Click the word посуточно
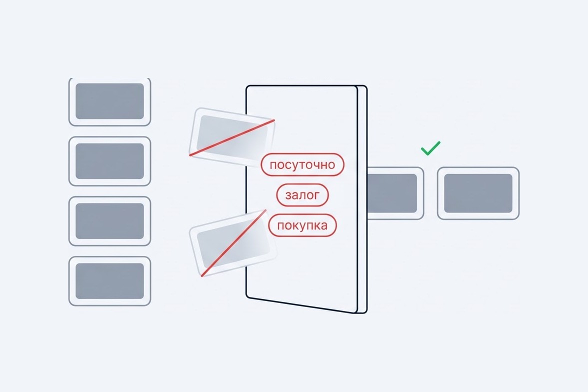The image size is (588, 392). (302, 165)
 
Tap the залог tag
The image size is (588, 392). (302, 195)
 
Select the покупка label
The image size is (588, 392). (302, 225)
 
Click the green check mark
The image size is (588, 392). (430, 148)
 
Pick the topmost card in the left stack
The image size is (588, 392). (110, 101)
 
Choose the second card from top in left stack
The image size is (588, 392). (110, 161)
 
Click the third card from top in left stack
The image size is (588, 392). (110, 221)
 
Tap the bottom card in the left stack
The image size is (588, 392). (110, 281)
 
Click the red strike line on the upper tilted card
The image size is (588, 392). (232, 137)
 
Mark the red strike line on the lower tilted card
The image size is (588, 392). (233, 243)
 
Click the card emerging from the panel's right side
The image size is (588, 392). (395, 193)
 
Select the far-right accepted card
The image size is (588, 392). (478, 193)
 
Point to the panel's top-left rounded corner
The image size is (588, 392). (248, 87)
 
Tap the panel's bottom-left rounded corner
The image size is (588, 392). (248, 296)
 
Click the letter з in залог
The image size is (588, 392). (288, 195)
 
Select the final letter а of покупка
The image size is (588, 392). (323, 226)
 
